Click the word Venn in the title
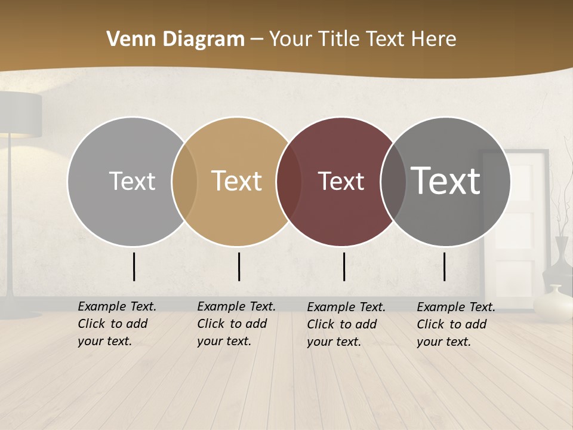127,39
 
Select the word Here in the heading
432,39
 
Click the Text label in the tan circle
237,181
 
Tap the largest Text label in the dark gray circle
446,180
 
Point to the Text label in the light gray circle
132,181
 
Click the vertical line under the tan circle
239,266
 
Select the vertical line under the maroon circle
344,266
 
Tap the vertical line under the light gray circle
134,266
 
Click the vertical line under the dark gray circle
445,266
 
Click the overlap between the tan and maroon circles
289,182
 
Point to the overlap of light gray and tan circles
184,182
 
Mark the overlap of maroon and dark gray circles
393,182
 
